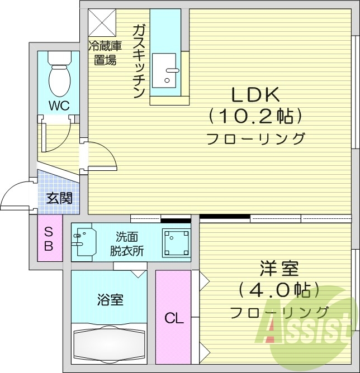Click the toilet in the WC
(58, 76)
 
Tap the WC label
(58, 106)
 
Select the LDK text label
(255, 94)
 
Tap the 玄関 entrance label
(58, 198)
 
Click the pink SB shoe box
(49, 238)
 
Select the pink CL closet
(173, 318)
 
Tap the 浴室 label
(109, 300)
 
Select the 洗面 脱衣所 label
(126, 243)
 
